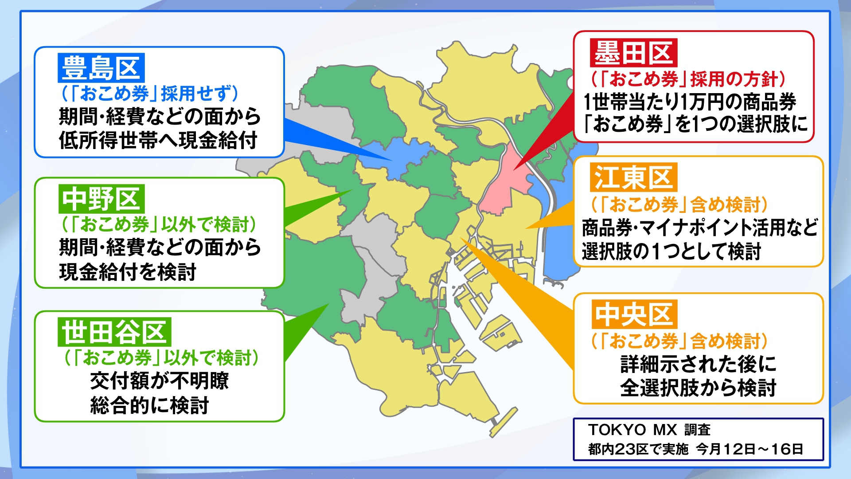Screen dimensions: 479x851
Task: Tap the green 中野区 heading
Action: [x=101, y=199]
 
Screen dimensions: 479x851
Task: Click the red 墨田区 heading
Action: [x=633, y=53]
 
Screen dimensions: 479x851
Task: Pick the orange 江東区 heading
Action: [x=633, y=177]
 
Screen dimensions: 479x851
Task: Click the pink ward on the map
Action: [x=503, y=186]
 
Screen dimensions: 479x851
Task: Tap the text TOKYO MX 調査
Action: [x=649, y=429]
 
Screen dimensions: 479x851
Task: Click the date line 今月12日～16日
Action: [x=750, y=449]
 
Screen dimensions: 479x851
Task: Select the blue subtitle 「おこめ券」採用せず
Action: [x=150, y=94]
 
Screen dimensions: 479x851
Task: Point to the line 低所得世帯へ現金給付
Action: [x=158, y=141]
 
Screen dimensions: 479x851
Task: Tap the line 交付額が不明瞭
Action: [x=159, y=381]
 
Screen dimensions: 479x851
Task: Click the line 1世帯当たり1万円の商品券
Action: [x=690, y=102]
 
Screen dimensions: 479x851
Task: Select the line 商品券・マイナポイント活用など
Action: [x=699, y=228]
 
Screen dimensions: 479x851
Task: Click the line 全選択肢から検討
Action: [x=698, y=388]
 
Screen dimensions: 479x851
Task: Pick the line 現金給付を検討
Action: [x=128, y=272]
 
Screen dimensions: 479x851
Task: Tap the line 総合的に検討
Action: [x=149, y=405]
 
